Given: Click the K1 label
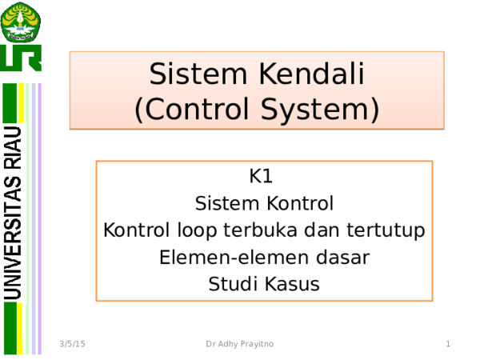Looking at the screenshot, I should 263,176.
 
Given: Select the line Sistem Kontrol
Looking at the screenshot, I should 264,203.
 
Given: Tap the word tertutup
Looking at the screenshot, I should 385,230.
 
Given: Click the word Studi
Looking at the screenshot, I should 231,284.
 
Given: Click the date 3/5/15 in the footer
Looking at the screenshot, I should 73,344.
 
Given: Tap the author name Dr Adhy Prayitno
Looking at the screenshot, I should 238,344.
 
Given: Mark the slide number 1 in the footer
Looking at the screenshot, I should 448,344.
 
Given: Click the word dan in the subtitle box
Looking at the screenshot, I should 323,230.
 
